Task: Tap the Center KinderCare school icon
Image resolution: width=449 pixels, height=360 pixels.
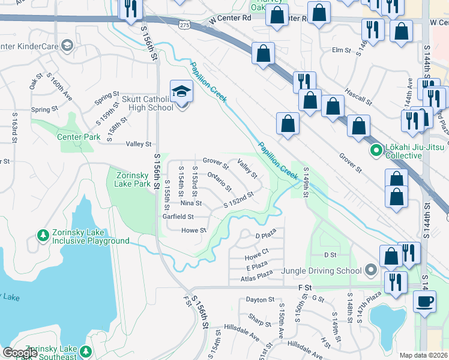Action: coord(67,46)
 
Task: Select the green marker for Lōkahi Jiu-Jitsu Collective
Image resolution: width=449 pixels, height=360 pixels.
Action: coord(376,150)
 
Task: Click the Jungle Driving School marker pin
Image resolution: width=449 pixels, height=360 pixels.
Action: coord(371,269)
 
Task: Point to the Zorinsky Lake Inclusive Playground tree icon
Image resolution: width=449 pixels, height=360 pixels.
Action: coord(43,235)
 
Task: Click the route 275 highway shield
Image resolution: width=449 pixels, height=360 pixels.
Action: coord(184,23)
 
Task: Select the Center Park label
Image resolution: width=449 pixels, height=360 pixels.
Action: coord(79,137)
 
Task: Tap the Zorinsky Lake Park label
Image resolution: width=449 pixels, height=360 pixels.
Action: coord(131,179)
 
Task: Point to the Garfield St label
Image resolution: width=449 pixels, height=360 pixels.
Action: coord(178,217)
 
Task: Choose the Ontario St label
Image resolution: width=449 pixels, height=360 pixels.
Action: coord(219,179)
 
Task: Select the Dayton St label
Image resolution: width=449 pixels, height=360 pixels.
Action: coord(260,299)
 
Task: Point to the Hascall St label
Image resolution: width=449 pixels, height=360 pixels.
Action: coord(359,94)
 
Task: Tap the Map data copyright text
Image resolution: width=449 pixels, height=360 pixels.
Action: coord(423,355)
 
